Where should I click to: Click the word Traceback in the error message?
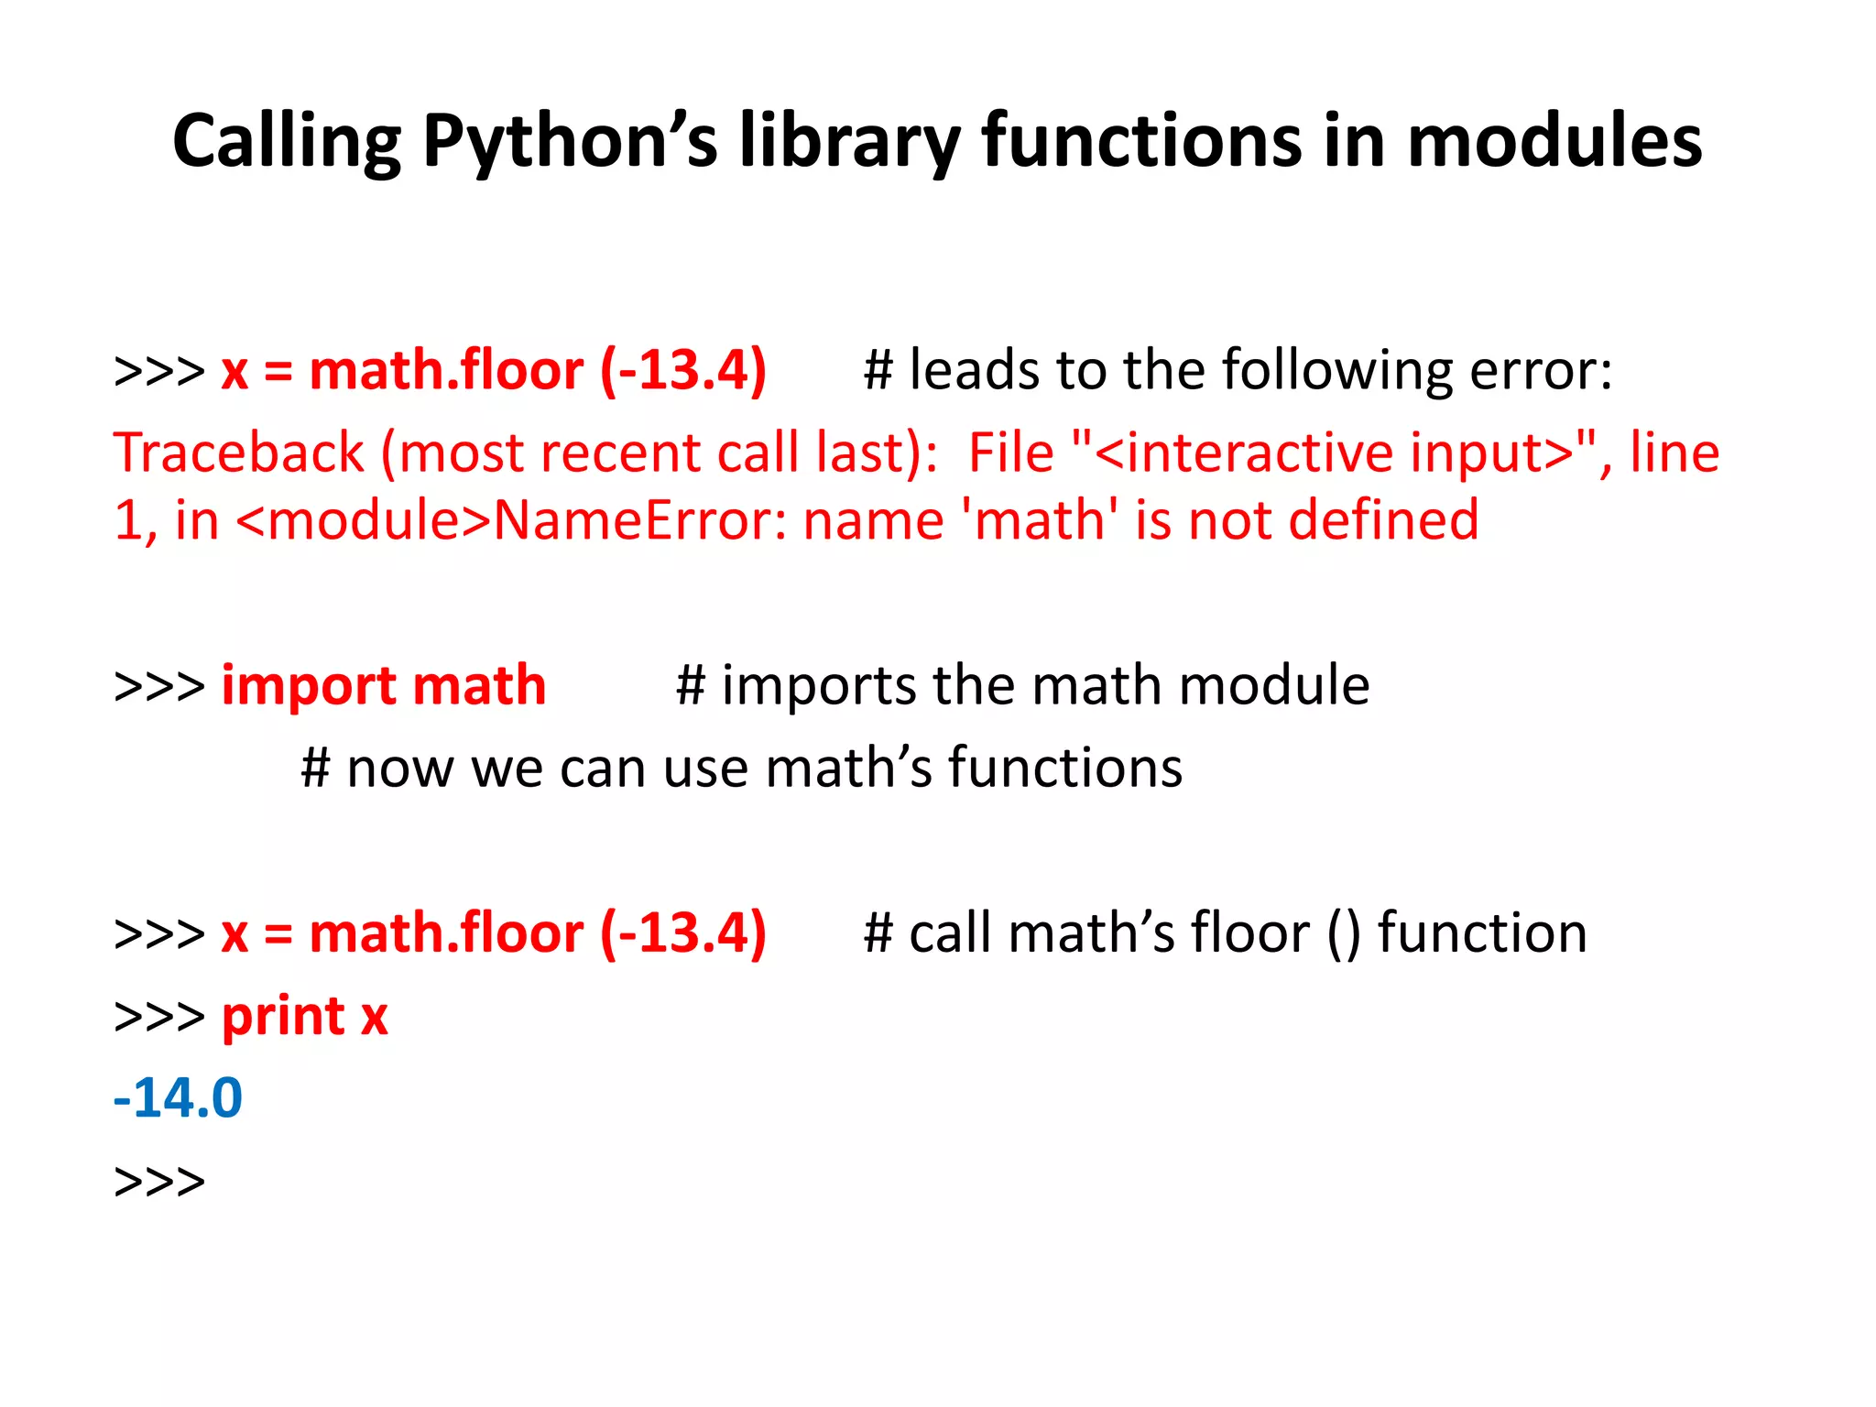pos(239,453)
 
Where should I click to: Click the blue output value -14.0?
pos(178,1098)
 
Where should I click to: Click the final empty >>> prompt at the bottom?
pos(159,1182)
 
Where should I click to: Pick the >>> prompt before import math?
pos(159,687)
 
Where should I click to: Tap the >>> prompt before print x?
pos(159,1017)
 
